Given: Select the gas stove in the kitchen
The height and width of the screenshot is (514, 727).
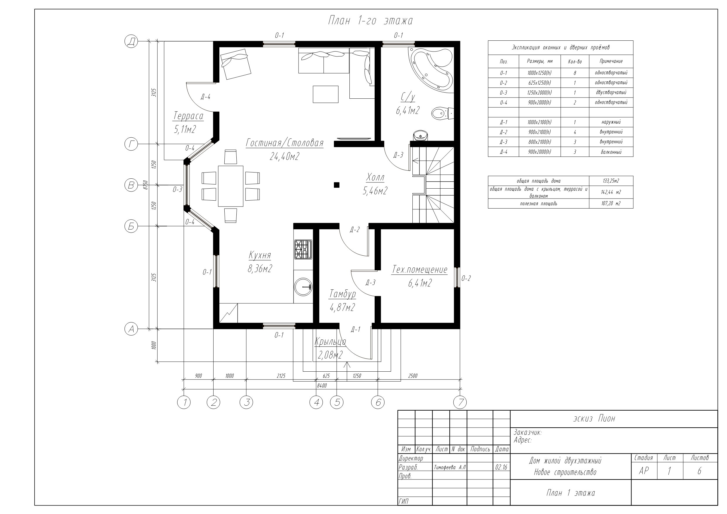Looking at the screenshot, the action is (x=303, y=250).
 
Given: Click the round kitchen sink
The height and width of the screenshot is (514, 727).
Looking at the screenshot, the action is (x=303, y=287).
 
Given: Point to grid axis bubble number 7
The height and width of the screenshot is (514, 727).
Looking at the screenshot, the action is (x=460, y=402).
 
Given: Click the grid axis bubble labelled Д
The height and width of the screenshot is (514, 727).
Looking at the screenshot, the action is (x=131, y=42).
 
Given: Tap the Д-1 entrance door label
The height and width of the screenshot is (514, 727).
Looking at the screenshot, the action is (x=356, y=330).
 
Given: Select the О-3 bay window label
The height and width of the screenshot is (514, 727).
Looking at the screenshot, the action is (x=178, y=189).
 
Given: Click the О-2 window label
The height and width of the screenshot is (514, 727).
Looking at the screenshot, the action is (x=466, y=278).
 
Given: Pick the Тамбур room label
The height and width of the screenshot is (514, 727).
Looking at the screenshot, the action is (x=343, y=294).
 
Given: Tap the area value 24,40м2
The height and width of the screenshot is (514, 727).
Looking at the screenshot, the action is (x=285, y=156).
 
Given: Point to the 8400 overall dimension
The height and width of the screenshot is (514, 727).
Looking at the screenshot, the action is (x=322, y=385).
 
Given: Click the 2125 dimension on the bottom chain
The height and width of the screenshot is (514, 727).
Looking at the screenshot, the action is (x=281, y=376).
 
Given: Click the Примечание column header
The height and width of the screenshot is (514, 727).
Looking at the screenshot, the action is (x=611, y=61).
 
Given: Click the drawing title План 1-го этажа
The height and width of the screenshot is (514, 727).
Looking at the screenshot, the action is (x=370, y=21).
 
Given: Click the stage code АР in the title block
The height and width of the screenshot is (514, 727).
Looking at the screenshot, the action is (x=644, y=471).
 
